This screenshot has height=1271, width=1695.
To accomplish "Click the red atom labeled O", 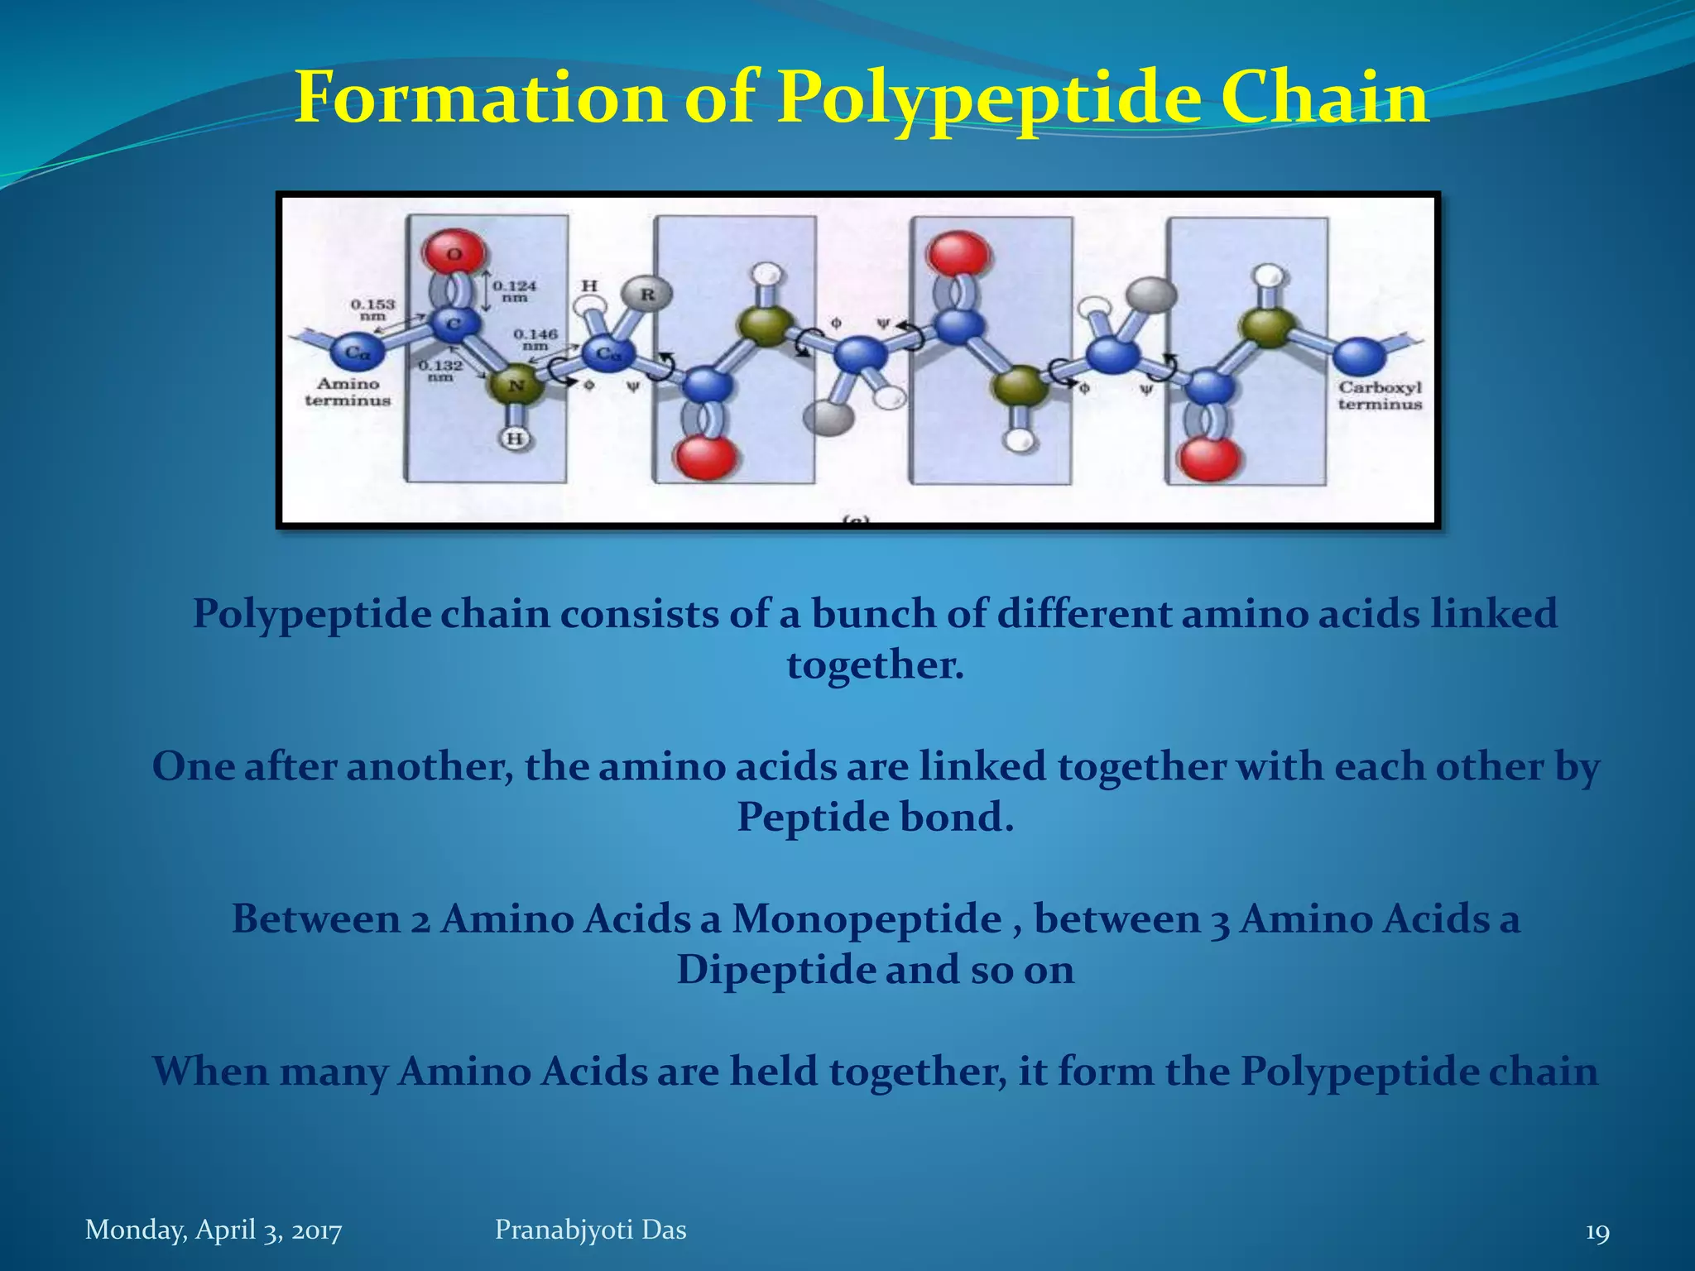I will tap(454, 252).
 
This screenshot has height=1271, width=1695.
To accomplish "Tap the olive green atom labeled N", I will tap(515, 386).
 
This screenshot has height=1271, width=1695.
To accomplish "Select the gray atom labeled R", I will tap(646, 294).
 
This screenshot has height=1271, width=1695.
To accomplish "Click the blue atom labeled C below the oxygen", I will tap(454, 324).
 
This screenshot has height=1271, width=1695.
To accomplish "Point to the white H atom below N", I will tap(515, 438).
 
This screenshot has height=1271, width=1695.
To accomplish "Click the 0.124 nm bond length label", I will tap(514, 291).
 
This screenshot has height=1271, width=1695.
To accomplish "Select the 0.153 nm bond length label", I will tap(372, 309).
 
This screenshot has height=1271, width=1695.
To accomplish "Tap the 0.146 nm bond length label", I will tap(535, 339).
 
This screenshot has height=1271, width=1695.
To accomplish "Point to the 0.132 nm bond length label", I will tap(440, 371).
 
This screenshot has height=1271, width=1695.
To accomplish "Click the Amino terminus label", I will tap(348, 392).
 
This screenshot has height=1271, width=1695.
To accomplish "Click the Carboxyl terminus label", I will tap(1380, 396).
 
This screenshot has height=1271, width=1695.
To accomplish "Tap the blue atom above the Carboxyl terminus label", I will tap(1358, 356).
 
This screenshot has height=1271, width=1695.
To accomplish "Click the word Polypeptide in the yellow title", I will tap(989, 98).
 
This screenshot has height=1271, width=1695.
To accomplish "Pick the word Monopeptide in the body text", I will tap(866, 918).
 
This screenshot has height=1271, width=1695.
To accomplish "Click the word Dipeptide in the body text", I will tap(775, 970).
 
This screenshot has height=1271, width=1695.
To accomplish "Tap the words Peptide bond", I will tap(875, 818).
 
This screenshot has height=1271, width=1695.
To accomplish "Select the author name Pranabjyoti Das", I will tap(590, 1230).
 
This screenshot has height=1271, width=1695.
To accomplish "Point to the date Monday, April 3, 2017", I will tap(214, 1230).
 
